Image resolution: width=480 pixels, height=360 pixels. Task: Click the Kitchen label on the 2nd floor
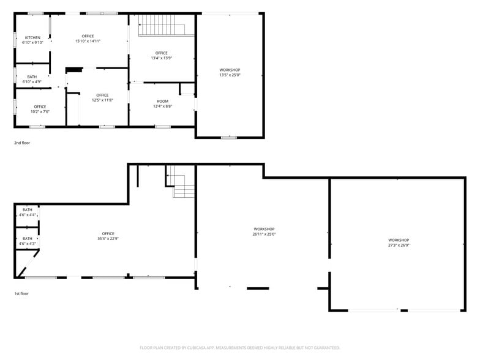coord(32,38)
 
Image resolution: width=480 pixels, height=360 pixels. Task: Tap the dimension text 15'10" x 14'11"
coord(88,41)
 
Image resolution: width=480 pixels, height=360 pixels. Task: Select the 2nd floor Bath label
coord(32,77)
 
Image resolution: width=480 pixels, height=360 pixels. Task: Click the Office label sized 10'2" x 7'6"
coord(40,107)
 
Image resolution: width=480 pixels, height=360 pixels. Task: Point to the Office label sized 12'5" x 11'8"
coord(103,96)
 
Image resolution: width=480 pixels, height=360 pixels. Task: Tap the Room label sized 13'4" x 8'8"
coord(163,102)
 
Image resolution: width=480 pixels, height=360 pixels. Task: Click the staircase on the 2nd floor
coord(162,25)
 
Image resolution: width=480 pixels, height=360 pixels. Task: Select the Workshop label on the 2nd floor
coord(230,70)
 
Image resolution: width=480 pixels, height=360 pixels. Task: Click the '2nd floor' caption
coord(22,143)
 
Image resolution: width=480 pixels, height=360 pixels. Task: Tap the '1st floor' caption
coord(21,294)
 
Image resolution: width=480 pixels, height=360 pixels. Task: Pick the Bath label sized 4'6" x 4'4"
coord(28,210)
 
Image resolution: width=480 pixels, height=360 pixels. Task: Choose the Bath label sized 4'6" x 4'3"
coord(28,239)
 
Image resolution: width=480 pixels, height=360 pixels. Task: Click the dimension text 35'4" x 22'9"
coord(108,239)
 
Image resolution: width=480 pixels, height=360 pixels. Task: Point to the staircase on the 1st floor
coord(181,182)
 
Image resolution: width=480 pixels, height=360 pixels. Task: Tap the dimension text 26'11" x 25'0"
coord(264,234)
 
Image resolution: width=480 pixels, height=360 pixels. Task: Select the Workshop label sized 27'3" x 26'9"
coord(399,240)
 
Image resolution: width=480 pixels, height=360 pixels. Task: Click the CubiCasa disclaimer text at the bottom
coord(240,348)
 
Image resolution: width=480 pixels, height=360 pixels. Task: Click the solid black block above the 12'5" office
coord(74,70)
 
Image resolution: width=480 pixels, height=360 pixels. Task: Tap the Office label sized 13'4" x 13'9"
coord(162,53)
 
